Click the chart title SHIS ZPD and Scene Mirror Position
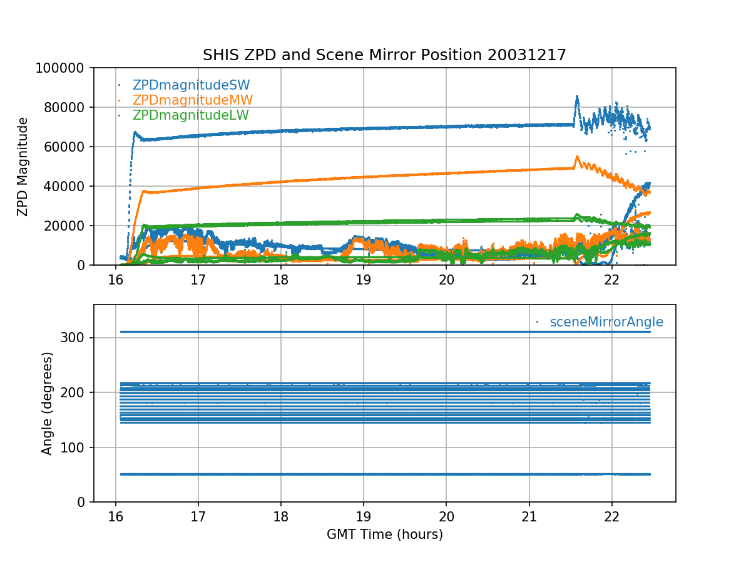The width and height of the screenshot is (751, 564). pyautogui.click(x=384, y=55)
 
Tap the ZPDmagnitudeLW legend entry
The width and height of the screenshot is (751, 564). pyautogui.click(x=190, y=115)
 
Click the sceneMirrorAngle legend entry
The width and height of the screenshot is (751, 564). pyautogui.click(x=606, y=322)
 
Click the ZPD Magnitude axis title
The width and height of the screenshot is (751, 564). pyautogui.click(x=23, y=166)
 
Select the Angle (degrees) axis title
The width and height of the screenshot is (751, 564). pyautogui.click(x=48, y=403)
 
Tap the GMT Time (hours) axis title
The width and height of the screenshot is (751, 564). pyautogui.click(x=384, y=535)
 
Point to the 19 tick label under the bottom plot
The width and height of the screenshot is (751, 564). pyautogui.click(x=364, y=515)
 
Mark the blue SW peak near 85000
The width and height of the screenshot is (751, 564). pyautogui.click(x=576, y=97)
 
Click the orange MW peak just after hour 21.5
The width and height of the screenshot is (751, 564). pyautogui.click(x=577, y=157)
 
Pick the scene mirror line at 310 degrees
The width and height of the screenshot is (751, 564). pyautogui.click(x=375, y=332)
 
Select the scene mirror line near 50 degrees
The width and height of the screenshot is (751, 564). pyautogui.click(x=375, y=474)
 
